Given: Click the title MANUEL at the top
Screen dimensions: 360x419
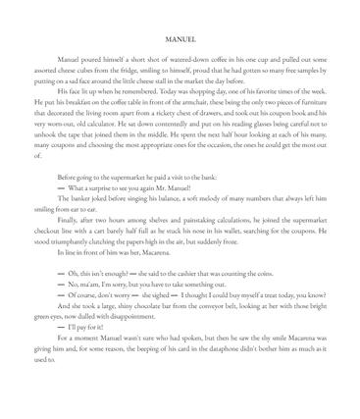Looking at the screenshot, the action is point(180,41).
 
